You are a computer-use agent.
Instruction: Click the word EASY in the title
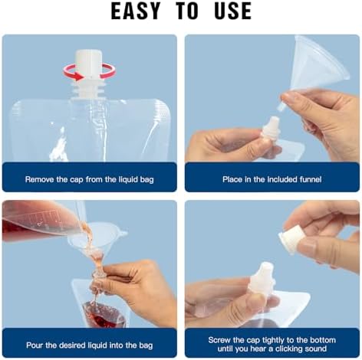[x=136, y=11]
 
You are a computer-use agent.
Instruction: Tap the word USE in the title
[x=232, y=11]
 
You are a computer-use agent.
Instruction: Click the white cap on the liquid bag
[x=88, y=64]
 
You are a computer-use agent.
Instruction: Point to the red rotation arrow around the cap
[x=89, y=73]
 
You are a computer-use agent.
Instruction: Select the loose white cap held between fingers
[x=291, y=239]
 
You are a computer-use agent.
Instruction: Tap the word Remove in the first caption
[x=39, y=179]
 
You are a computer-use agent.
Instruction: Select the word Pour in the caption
[x=35, y=345]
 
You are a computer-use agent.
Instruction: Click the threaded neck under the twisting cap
[x=88, y=88]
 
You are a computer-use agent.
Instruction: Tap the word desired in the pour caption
[x=73, y=345]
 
